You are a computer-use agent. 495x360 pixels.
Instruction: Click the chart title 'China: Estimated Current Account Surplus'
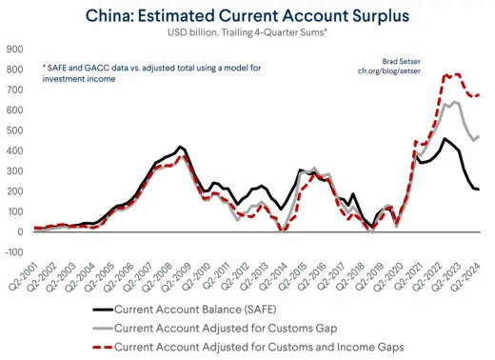point(247,16)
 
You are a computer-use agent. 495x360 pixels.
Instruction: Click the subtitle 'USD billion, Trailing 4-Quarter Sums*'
point(247,34)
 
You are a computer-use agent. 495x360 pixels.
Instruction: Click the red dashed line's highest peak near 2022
point(447,74)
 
